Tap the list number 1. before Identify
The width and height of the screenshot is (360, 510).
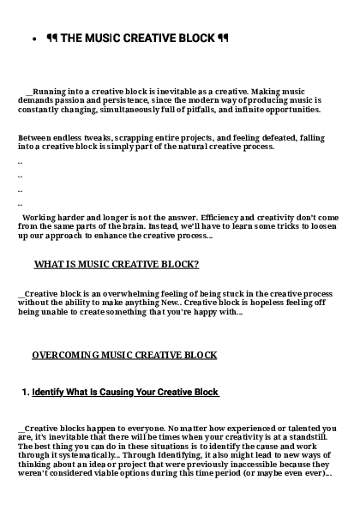26,393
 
